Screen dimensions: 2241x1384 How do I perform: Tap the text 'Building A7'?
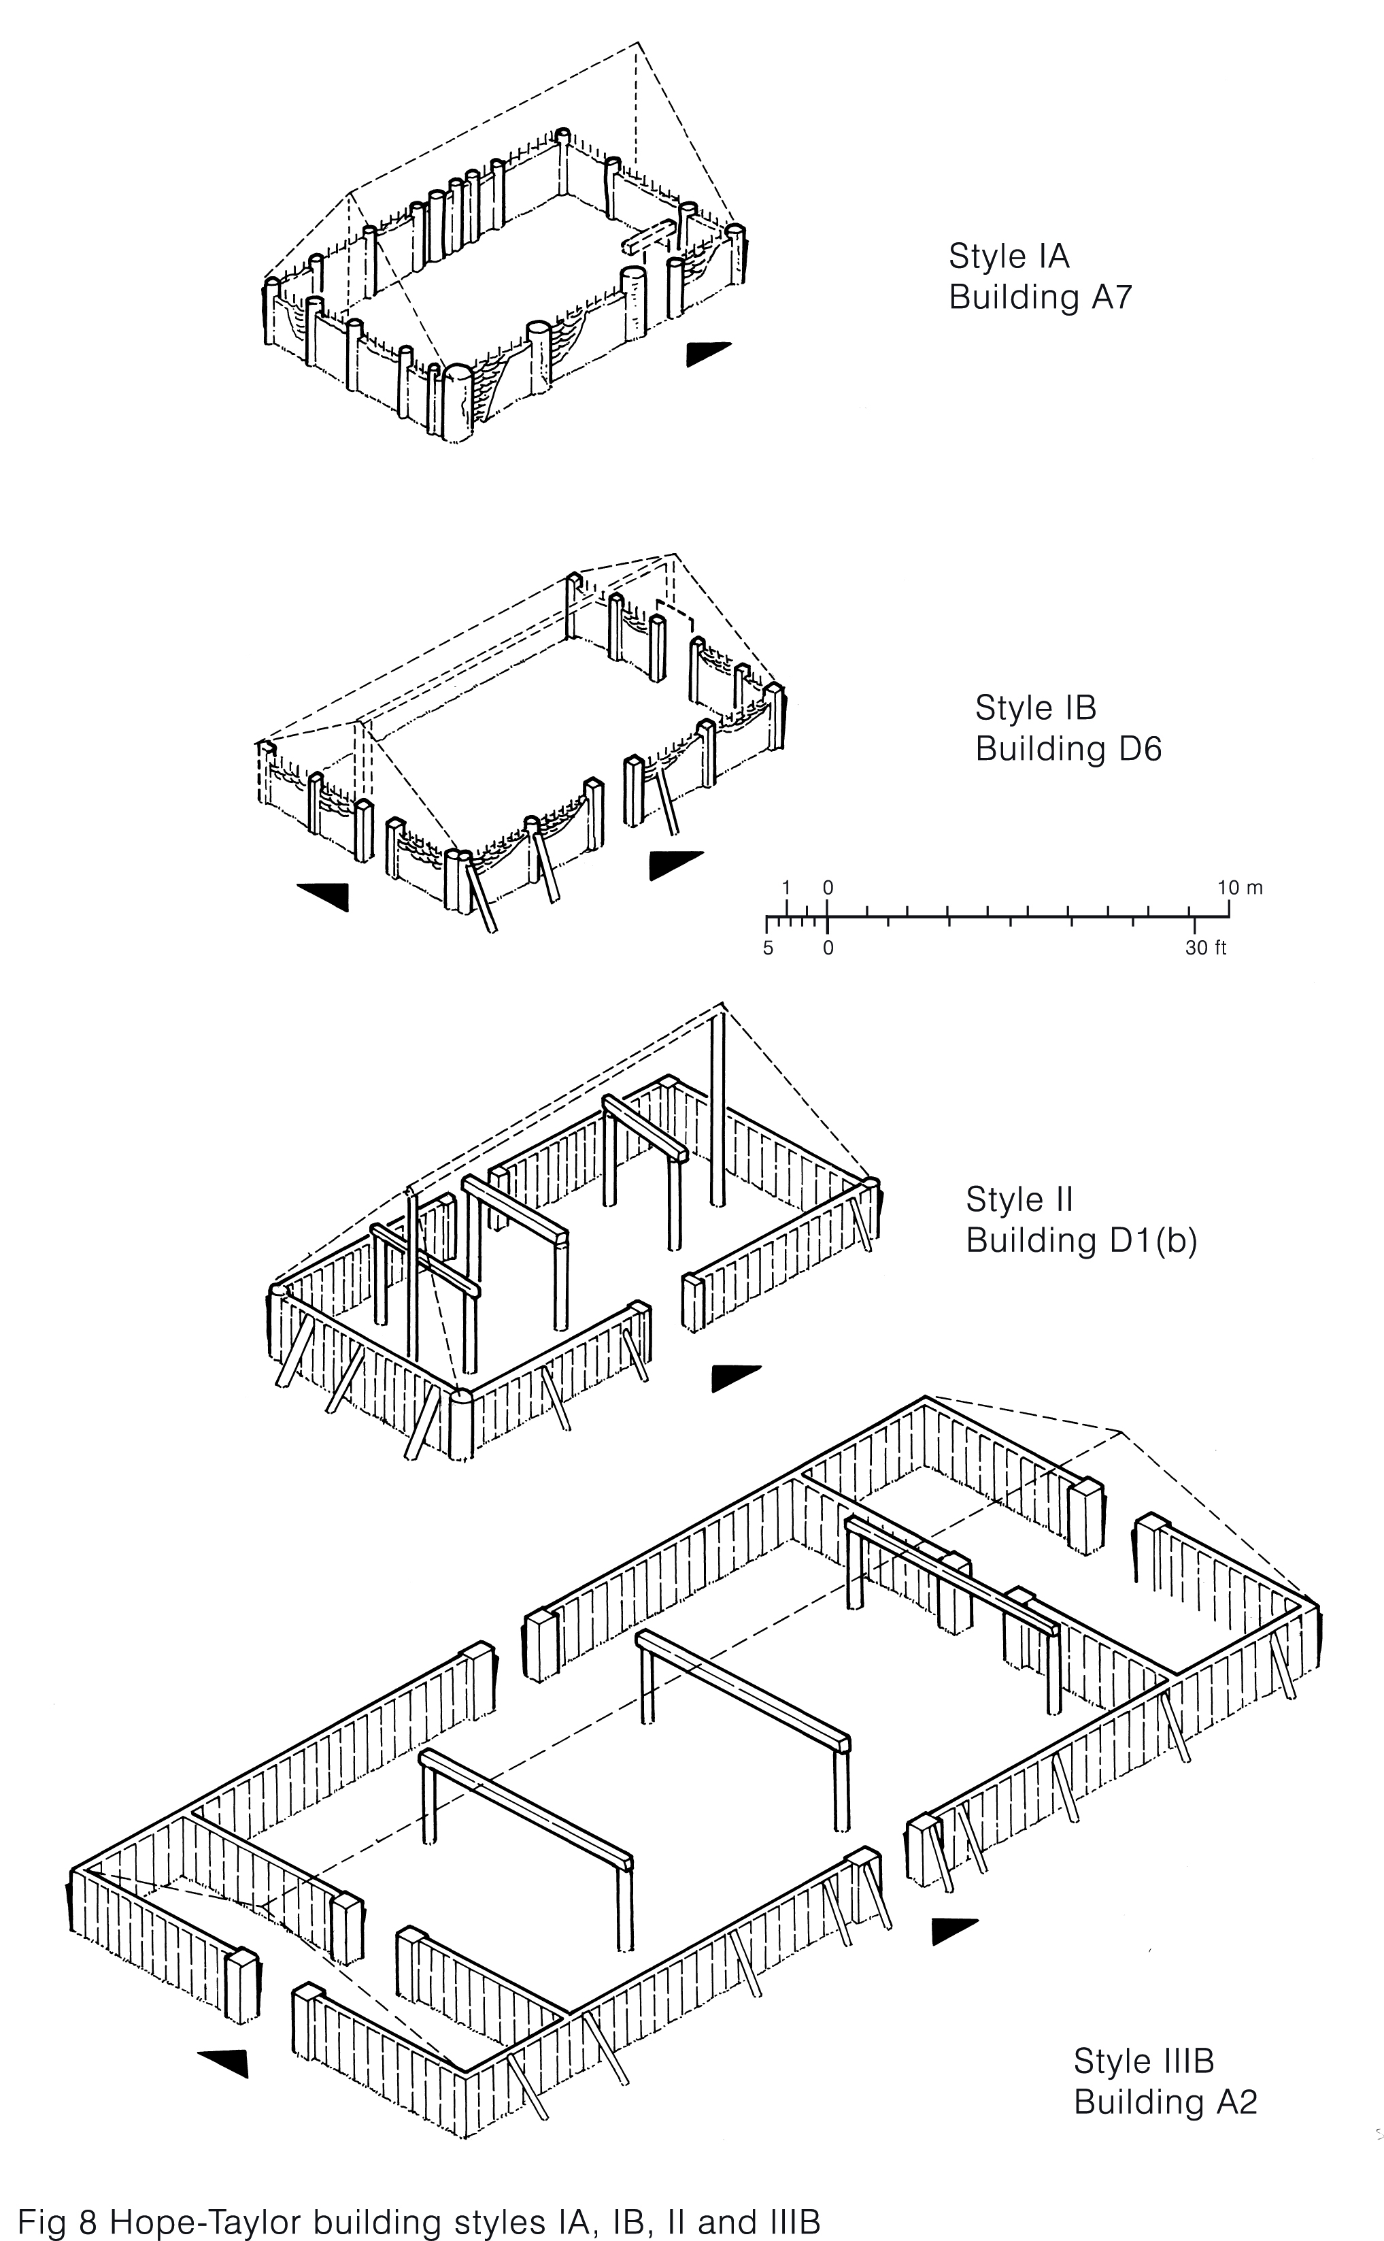tap(1040, 297)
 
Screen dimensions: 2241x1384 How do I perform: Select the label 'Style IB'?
tap(1035, 708)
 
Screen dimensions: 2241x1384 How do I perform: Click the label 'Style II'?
tap(1019, 1199)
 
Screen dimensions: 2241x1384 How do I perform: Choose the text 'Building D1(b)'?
tap(1081, 1240)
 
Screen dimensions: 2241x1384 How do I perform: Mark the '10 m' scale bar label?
tap(1239, 887)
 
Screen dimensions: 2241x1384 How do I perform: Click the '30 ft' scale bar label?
tap(1206, 948)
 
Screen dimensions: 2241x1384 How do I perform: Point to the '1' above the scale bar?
tap(786, 887)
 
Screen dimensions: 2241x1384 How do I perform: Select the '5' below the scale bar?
tap(768, 948)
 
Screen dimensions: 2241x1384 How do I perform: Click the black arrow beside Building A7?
tap(707, 352)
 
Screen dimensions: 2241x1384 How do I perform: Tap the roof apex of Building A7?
tap(638, 43)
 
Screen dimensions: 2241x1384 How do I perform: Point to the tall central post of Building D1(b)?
tap(718, 1108)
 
